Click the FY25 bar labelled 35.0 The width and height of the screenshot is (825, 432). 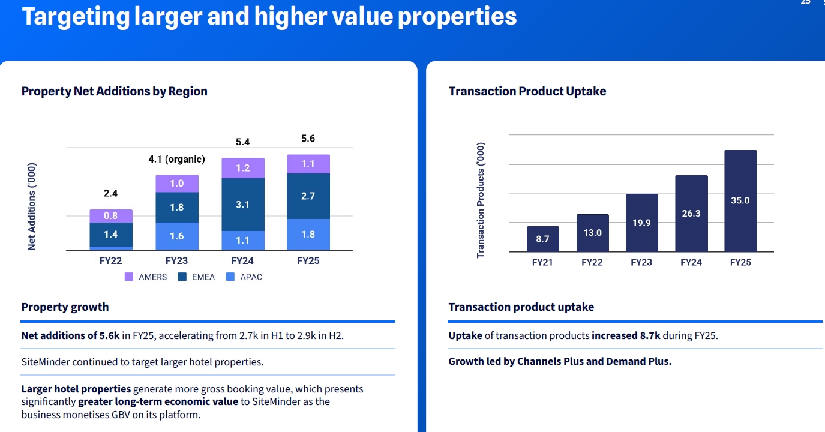[740, 201]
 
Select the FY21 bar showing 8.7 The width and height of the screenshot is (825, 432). [543, 239]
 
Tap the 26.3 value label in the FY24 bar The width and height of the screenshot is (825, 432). [691, 213]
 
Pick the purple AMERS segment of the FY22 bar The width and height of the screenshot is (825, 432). [111, 216]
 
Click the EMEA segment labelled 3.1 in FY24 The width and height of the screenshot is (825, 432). [242, 205]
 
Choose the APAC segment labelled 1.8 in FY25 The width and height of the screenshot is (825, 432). [308, 235]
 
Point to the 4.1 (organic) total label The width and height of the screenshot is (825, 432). [176, 160]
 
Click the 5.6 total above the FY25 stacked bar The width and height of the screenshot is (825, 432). [308, 139]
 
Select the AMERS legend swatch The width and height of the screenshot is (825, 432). [129, 277]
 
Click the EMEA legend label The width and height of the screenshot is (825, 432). [202, 277]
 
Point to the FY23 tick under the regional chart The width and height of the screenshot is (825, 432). [176, 261]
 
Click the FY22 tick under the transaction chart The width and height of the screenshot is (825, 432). [592, 262]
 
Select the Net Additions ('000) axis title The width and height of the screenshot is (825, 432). [32, 206]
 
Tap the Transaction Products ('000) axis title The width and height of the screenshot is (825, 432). [480, 201]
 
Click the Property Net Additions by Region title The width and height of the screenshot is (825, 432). [114, 91]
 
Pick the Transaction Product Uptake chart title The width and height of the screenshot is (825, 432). [527, 91]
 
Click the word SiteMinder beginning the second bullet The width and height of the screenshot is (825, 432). [46, 362]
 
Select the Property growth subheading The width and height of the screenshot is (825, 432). [65, 307]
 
